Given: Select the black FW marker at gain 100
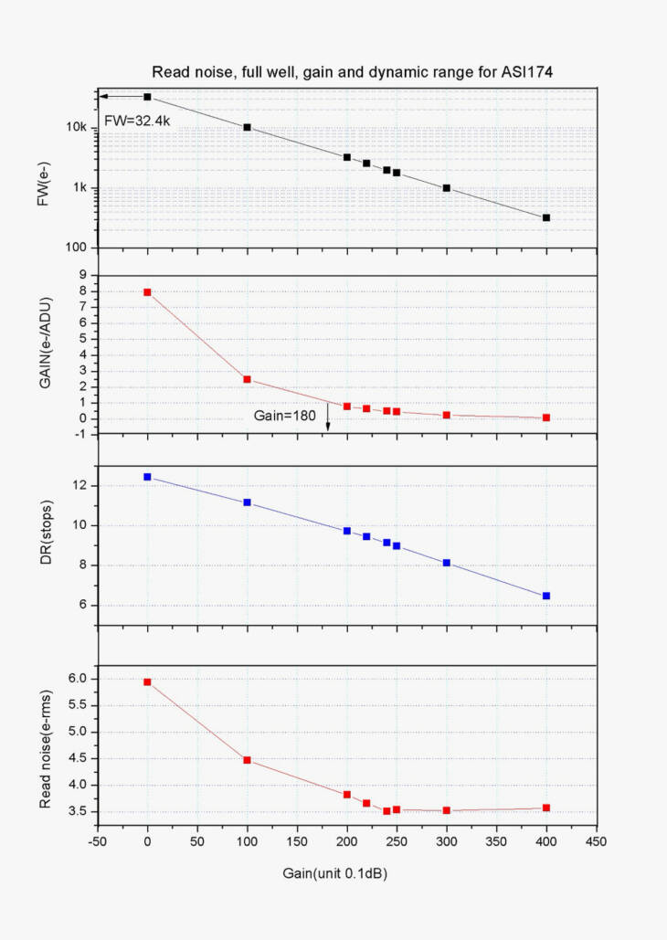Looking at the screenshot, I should [247, 127].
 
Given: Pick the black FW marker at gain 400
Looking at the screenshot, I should [546, 217].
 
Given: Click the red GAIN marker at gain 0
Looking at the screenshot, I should [147, 292].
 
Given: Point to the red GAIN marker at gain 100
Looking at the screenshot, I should [247, 379].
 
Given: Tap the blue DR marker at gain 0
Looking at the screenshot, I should [147, 477].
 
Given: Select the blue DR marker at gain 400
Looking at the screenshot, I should [546, 596].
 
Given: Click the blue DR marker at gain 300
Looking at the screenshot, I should [447, 563].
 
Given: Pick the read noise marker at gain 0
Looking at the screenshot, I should [147, 681].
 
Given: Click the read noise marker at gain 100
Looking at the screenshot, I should [247, 760].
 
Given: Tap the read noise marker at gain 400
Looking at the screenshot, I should [546, 808].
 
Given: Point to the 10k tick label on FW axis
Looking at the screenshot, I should [77, 127].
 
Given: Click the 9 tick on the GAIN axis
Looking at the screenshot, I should [83, 275].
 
